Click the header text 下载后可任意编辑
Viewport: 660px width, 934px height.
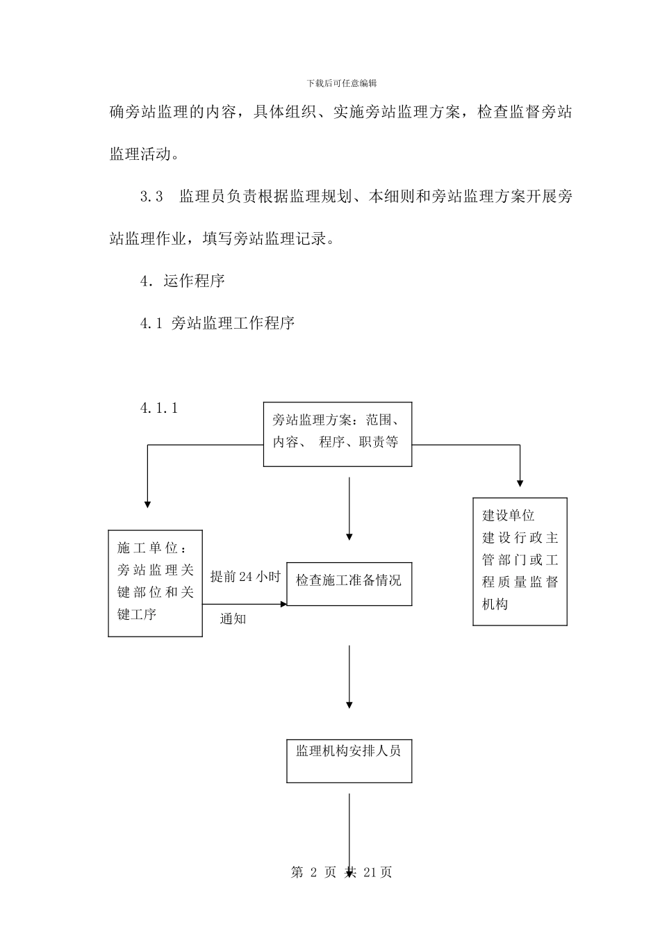click(341, 83)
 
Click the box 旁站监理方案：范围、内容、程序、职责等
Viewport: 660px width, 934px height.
click(338, 434)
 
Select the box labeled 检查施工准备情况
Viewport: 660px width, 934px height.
click(349, 584)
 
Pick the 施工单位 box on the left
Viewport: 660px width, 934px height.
click(155, 583)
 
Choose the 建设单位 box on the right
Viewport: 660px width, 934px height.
click(520, 561)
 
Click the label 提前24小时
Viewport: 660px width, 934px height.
click(245, 577)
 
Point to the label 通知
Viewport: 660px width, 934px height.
click(233, 618)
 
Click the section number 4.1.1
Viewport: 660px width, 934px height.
click(159, 409)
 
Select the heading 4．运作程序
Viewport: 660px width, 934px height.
click(182, 281)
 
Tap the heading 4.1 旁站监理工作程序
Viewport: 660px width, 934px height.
click(217, 323)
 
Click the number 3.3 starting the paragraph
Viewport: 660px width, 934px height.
click(151, 197)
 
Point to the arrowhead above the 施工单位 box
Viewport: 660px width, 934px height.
click(147, 504)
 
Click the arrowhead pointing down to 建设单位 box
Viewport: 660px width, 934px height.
click(520, 483)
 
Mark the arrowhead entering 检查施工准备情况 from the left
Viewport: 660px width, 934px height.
click(283, 605)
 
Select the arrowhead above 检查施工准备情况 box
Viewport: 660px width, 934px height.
click(349, 536)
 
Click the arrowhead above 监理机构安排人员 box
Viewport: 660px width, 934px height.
click(349, 705)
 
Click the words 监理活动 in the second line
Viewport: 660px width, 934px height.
click(140, 154)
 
